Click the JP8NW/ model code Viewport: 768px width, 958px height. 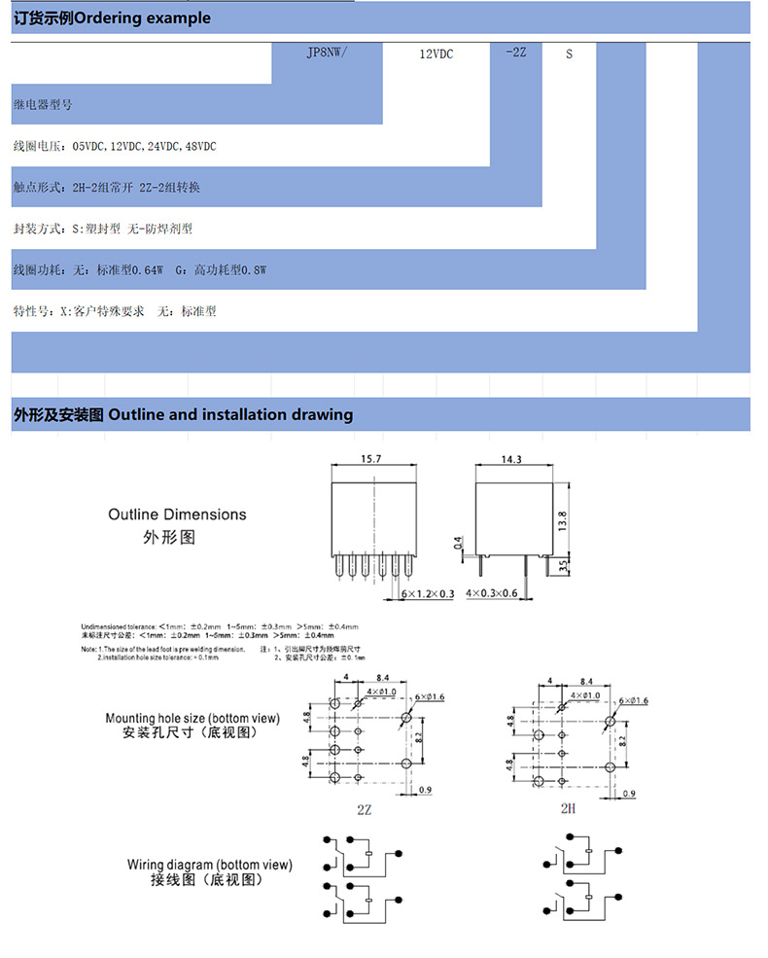pos(326,53)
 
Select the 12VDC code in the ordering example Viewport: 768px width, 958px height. pos(436,54)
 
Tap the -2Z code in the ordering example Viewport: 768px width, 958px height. pos(516,53)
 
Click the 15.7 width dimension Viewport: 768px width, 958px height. pos(371,457)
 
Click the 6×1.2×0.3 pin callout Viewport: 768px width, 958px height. pos(426,593)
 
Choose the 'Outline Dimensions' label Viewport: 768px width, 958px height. pos(177,514)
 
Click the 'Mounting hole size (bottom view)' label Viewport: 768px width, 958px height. pos(192,719)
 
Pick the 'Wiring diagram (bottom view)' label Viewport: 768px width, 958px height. pos(209,865)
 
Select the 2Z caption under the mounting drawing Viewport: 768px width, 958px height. pos(365,808)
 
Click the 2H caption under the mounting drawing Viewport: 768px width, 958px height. pos(568,808)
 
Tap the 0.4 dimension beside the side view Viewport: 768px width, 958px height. pos(458,546)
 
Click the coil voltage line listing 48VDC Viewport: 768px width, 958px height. pos(114,146)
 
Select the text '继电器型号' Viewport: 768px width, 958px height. pos(43,103)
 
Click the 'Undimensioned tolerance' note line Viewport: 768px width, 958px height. pos(219,626)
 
